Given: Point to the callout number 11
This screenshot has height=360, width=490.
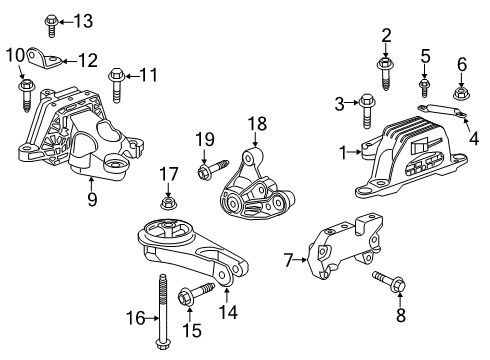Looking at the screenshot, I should pyautogui.click(x=149, y=73).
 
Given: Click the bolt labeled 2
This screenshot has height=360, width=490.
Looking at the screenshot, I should pyautogui.click(x=385, y=62).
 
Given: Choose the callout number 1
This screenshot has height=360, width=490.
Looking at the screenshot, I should pyautogui.click(x=344, y=153).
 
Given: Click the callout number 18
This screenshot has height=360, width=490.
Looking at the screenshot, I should pyautogui.click(x=258, y=124).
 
